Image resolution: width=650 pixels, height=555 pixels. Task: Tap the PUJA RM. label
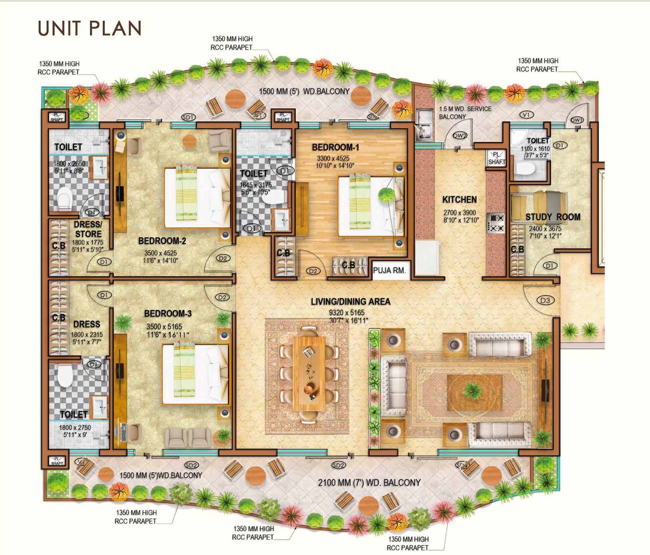pyautogui.click(x=390, y=270)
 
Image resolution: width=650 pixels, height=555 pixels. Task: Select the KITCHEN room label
pyautogui.click(x=460, y=199)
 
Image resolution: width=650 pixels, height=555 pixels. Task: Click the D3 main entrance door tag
pyautogui.click(x=545, y=300)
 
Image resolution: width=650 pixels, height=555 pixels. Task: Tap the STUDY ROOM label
pyautogui.click(x=553, y=217)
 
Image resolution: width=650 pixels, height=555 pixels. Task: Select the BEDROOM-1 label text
pyautogui.click(x=335, y=148)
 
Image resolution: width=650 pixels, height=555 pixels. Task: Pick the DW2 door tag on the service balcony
pyautogui.click(x=460, y=135)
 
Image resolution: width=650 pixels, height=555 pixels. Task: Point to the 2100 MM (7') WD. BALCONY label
pyautogui.click(x=369, y=482)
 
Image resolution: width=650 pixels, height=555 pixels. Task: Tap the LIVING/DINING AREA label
pyautogui.click(x=350, y=302)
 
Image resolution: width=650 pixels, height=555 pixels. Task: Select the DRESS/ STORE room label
pyautogui.click(x=88, y=229)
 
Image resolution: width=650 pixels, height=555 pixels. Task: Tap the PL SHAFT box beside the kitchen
pyautogui.click(x=497, y=158)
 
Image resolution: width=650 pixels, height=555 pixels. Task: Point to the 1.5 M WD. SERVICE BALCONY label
pyautogui.click(x=465, y=113)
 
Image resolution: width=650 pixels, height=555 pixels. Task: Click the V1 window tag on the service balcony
pyautogui.click(x=527, y=115)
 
